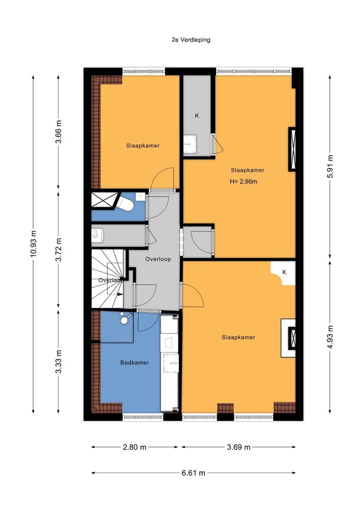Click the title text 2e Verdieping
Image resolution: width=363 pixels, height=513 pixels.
[191, 40]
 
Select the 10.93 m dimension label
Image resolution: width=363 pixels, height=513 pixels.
[33, 244]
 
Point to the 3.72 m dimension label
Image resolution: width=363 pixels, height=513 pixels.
[58, 249]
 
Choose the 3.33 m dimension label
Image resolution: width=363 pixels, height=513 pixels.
[58, 361]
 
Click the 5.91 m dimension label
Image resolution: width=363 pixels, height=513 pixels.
[331, 167]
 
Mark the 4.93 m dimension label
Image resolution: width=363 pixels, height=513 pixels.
[331, 335]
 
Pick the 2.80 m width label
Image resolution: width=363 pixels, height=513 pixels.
[134, 447]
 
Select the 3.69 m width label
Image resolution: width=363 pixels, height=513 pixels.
[239, 447]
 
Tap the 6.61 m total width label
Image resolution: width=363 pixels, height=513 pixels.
[193, 473]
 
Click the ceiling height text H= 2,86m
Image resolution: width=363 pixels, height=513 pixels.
[247, 181]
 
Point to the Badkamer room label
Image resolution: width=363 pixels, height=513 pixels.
[134, 362]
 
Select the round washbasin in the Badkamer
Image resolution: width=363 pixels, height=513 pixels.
[124, 320]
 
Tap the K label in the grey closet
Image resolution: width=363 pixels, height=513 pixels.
[197, 115]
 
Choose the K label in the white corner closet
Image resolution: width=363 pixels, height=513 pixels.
[284, 272]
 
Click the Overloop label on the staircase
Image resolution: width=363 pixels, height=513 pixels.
[111, 280]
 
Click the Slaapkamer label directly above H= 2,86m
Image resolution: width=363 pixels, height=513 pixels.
[247, 170]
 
